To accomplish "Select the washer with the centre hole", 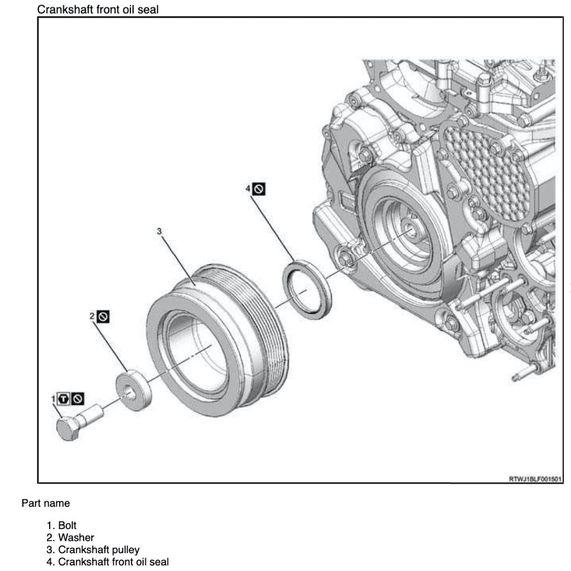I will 134,390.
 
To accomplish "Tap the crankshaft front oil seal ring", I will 307,288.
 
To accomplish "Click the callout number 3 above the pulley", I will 159,231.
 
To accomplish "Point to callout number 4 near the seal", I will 248,189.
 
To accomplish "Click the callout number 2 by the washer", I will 92,316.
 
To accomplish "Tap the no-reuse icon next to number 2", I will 103,317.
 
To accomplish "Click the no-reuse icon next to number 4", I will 259,189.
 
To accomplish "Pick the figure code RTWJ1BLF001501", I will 535,478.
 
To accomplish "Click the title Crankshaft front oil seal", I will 98,9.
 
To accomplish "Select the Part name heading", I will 46,503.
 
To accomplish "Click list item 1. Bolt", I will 62,525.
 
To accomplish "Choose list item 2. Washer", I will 70,538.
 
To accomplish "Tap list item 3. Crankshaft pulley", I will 93,550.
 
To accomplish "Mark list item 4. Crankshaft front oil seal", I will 108,562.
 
